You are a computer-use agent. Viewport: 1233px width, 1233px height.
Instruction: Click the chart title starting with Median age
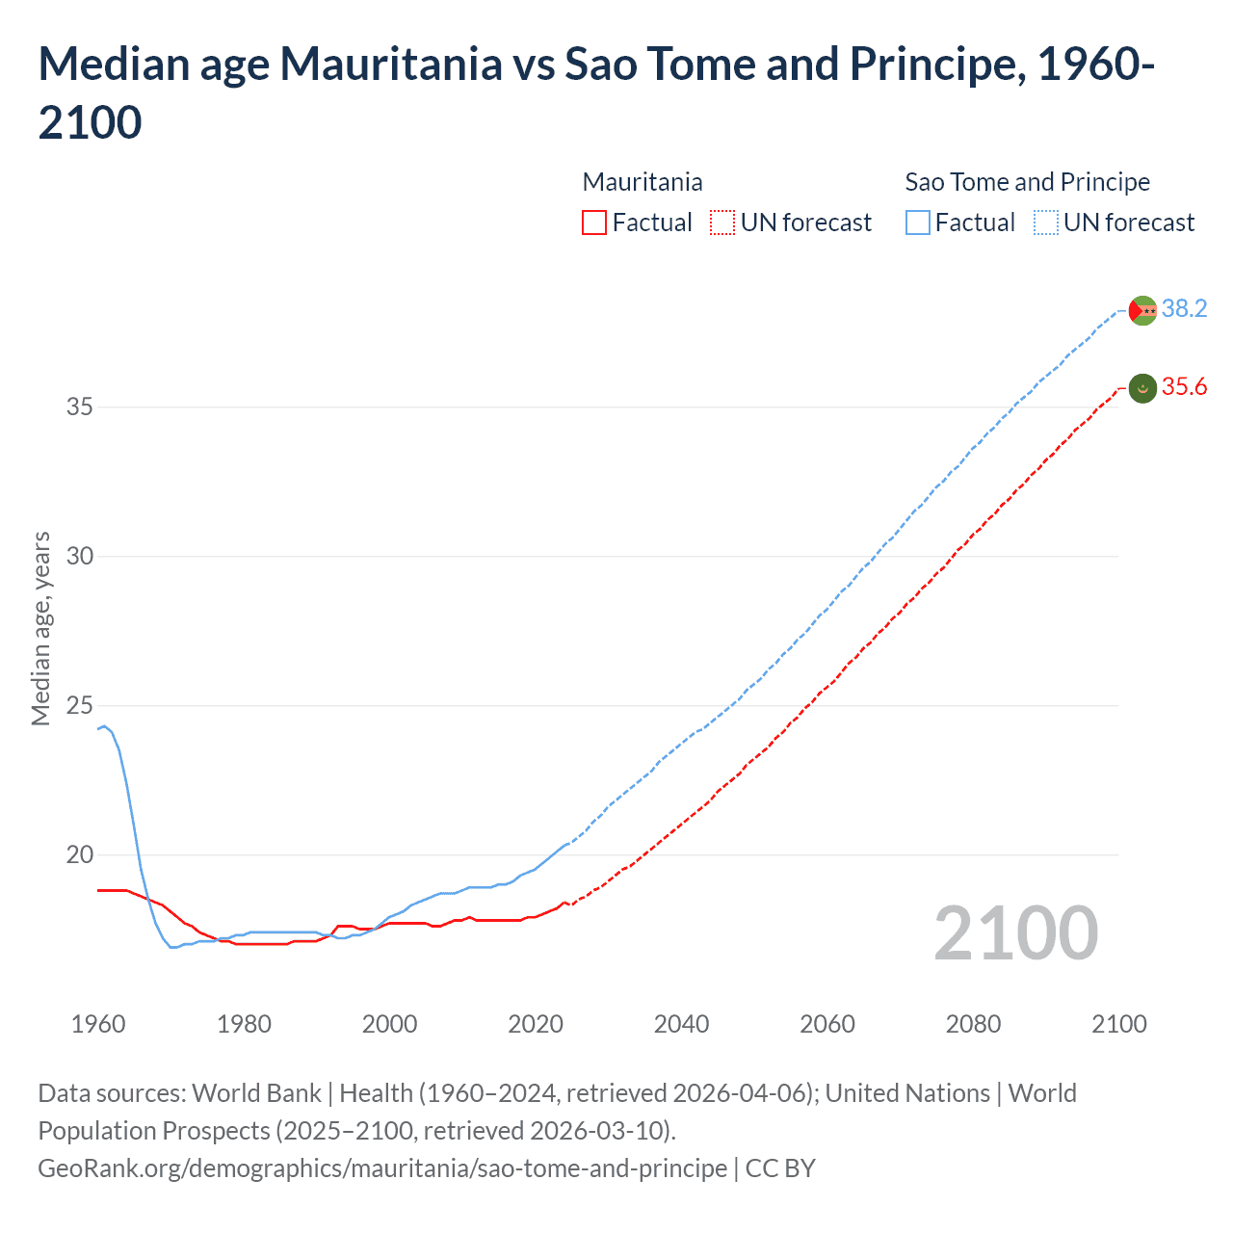pos(596,92)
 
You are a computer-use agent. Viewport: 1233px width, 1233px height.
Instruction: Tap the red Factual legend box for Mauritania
pos(594,223)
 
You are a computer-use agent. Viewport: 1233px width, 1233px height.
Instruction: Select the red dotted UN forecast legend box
pos(722,223)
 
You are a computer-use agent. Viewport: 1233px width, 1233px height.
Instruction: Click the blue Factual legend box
pos(918,223)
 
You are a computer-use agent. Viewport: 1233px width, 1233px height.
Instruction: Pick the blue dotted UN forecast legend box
pos(1046,223)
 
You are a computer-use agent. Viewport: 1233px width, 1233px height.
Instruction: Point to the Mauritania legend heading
pos(643,182)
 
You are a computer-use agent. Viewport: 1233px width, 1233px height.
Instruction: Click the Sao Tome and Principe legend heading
pos(1027,182)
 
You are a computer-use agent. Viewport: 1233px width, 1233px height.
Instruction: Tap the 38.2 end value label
pos(1184,308)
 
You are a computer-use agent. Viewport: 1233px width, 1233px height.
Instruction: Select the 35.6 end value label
pos(1184,387)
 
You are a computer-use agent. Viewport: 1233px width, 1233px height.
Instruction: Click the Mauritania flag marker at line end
pos(1142,388)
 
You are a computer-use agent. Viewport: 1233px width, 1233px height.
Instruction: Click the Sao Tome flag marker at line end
pos(1142,310)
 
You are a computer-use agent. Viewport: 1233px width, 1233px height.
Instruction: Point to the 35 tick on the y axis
pos(80,407)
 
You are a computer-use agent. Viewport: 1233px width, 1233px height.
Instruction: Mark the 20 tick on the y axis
pos(80,854)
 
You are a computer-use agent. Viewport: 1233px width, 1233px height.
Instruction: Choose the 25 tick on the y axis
pos(80,705)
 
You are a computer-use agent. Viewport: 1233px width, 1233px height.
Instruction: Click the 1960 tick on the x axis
pos(98,1024)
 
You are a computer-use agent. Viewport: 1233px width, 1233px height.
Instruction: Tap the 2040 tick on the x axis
pos(681,1024)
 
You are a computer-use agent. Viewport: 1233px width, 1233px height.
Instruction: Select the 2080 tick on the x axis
pos(973,1024)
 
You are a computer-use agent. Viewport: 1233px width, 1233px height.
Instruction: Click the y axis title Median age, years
pos(40,628)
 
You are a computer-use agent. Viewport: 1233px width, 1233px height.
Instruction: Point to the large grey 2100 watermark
pos(1015,932)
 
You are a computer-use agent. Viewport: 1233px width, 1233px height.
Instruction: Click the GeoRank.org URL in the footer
pos(382,1168)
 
